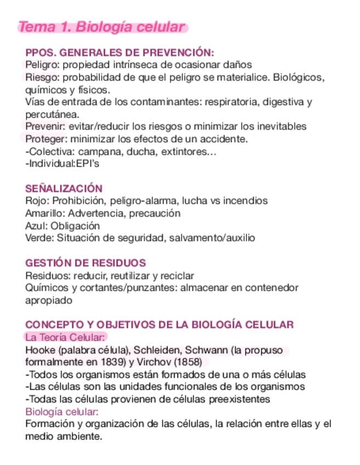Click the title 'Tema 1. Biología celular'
(x=102, y=27)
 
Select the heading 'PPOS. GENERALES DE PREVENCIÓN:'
(x=120, y=53)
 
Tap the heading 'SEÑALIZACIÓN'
(x=64, y=189)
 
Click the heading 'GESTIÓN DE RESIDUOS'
(x=86, y=263)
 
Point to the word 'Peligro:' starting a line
(x=41, y=65)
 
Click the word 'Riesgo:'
(x=40, y=77)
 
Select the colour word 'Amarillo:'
(x=45, y=213)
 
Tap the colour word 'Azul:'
(x=37, y=225)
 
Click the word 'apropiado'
(x=49, y=300)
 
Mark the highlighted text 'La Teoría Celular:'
(x=65, y=337)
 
